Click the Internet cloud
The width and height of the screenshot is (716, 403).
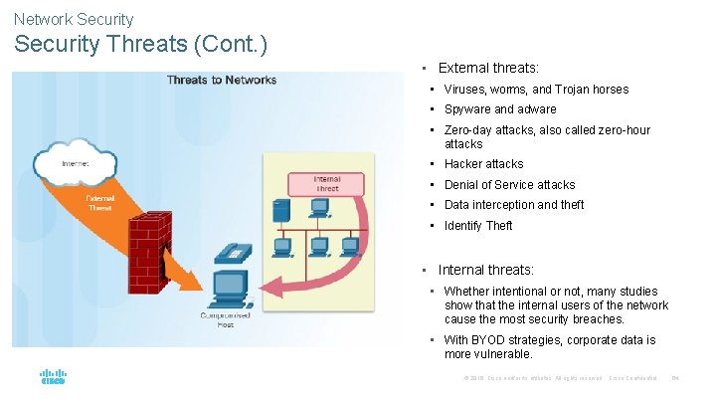[75, 161]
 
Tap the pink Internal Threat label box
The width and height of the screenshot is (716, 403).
[326, 183]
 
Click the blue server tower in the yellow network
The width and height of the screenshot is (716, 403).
[281, 210]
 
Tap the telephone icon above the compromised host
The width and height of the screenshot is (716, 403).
[231, 251]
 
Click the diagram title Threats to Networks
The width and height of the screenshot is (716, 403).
[222, 80]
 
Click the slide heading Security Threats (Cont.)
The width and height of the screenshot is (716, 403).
[140, 46]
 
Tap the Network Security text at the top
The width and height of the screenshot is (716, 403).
[74, 19]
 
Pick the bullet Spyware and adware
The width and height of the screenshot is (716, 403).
[500, 109]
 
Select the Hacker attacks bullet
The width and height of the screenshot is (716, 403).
[483, 164]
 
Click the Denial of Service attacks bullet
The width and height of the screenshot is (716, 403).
[509, 185]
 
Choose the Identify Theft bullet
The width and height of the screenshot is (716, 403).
[478, 226]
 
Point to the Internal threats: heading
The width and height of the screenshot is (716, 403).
[486, 270]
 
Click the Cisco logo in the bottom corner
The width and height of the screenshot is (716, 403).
[53, 377]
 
